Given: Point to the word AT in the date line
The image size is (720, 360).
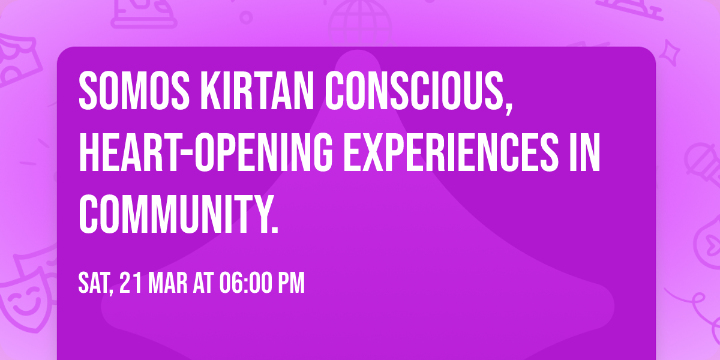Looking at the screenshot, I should click(x=202, y=283).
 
